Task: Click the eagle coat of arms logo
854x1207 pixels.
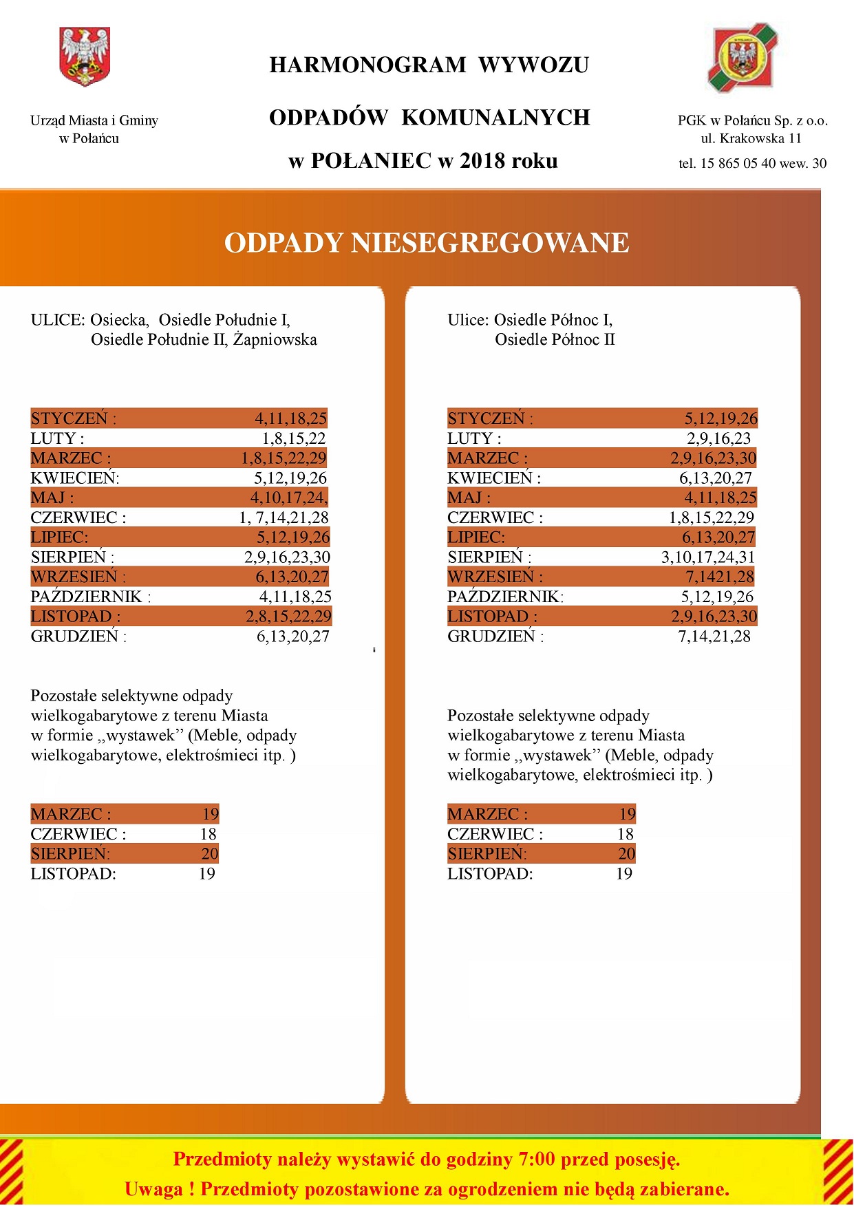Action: coord(85,56)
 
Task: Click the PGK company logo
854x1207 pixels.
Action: coord(743,58)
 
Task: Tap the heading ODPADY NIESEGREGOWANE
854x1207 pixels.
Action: coord(427,243)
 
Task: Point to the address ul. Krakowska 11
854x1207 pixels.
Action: coord(751,138)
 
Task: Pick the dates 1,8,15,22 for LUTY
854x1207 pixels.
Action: coord(294,438)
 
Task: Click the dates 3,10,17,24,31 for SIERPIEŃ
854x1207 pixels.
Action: coord(707,557)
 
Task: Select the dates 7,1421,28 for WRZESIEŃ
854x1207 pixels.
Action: coord(719,577)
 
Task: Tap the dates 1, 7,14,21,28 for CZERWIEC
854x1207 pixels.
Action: coord(284,517)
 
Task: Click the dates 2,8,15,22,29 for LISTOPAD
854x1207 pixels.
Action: coord(288,616)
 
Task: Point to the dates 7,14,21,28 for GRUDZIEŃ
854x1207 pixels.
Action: coord(714,637)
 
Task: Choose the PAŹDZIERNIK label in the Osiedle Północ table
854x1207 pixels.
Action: coord(504,597)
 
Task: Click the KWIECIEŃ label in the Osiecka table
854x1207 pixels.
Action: coord(74,478)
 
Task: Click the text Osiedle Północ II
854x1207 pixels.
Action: coord(555,339)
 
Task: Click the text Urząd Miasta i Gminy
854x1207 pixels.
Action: coord(94,120)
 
